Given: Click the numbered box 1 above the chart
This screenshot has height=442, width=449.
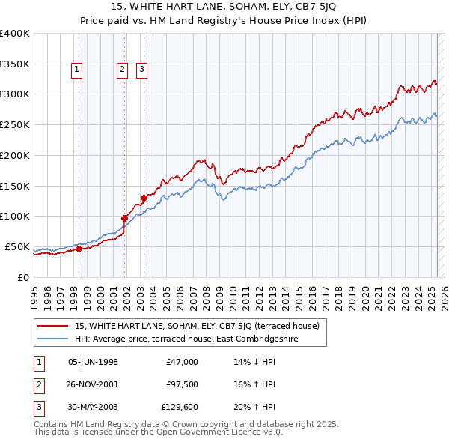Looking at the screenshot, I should tap(77, 70).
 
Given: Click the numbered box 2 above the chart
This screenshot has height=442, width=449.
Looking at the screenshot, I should tap(122, 70).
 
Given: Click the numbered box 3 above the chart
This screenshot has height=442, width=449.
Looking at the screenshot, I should tap(141, 70).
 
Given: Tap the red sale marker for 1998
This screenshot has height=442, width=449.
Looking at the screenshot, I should tap(79, 249).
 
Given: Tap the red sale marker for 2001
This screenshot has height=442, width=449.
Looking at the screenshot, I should tap(125, 218).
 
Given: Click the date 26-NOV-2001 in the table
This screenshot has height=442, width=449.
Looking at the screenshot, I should tap(93, 384).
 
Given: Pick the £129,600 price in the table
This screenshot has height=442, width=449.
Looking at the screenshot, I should tap(180, 407).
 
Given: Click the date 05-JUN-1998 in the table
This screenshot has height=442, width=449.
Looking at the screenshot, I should tap(93, 362).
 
